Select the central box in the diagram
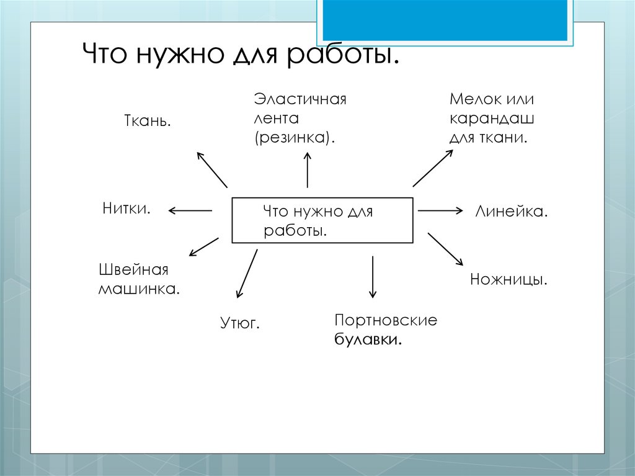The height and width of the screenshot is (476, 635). (x=322, y=220)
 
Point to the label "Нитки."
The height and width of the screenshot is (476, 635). (x=127, y=208)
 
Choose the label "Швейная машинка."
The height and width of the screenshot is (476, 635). (x=139, y=279)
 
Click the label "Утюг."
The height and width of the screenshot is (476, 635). (x=239, y=323)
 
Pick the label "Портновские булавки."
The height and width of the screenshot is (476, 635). (x=385, y=330)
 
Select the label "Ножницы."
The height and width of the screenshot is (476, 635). (x=508, y=279)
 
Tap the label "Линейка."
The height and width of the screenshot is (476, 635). (x=512, y=212)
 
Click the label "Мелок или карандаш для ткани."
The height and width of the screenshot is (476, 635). (x=492, y=118)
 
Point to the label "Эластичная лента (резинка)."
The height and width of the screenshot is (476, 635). (x=300, y=118)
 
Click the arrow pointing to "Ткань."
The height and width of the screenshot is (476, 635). (x=211, y=169)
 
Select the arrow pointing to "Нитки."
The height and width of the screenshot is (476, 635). (x=190, y=211)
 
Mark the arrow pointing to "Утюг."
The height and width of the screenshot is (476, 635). (x=247, y=273)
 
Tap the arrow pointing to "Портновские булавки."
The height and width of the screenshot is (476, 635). (x=373, y=276)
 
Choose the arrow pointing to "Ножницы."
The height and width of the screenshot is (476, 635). (x=445, y=249)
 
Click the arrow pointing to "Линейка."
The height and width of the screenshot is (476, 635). (x=440, y=211)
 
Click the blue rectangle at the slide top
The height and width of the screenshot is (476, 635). (x=445, y=20)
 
